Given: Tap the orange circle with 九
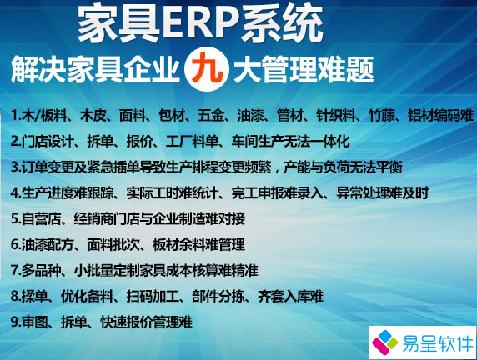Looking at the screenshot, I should (x=205, y=67).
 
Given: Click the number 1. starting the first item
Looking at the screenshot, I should (x=17, y=115).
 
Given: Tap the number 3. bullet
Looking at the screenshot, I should (x=17, y=167).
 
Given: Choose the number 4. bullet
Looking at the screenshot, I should (x=17, y=192).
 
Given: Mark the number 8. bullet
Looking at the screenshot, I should (x=17, y=296).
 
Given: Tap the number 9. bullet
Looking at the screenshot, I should (x=17, y=322).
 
